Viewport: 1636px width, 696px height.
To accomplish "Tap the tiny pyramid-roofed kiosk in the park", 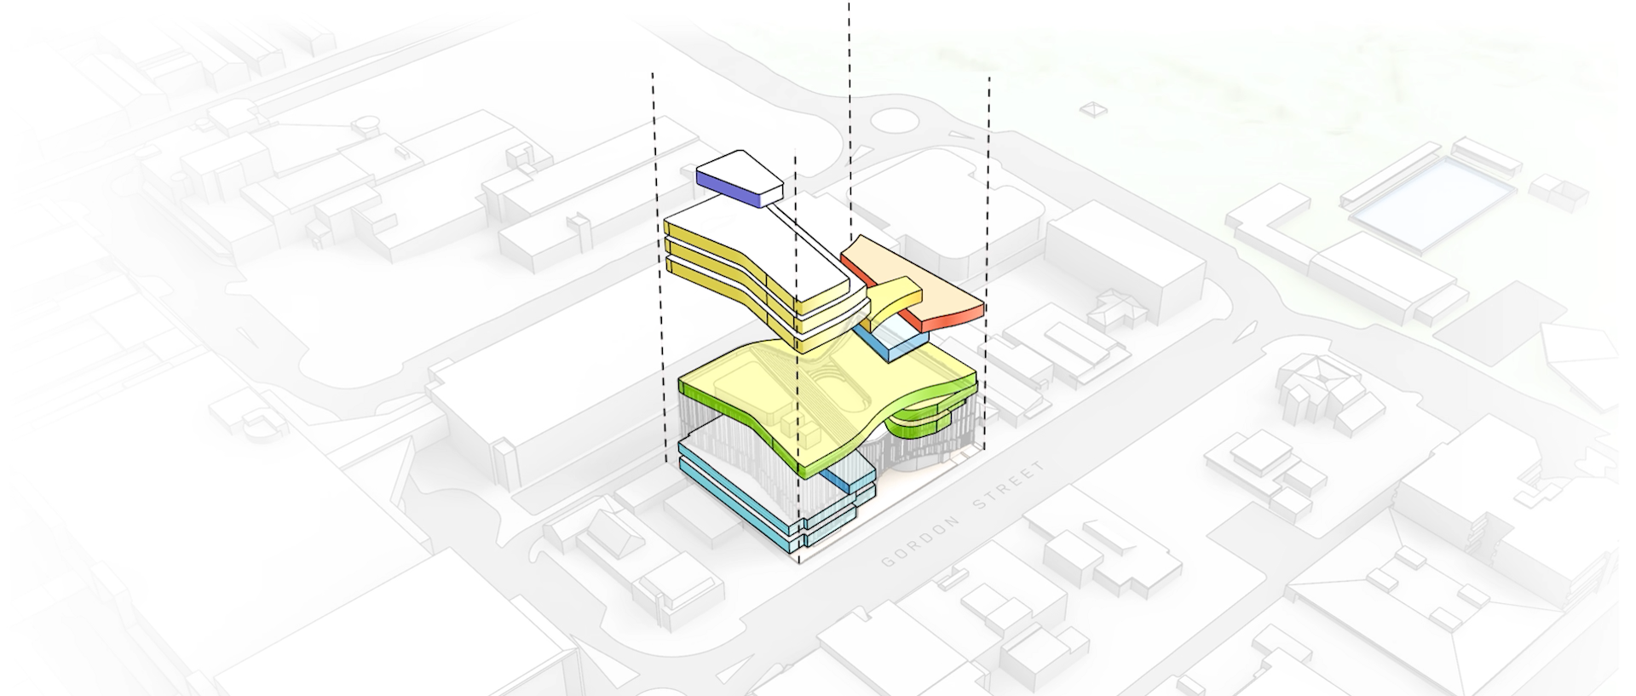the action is pyautogui.click(x=1092, y=109).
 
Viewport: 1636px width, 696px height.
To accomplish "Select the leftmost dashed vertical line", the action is pyautogui.click(x=659, y=256).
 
